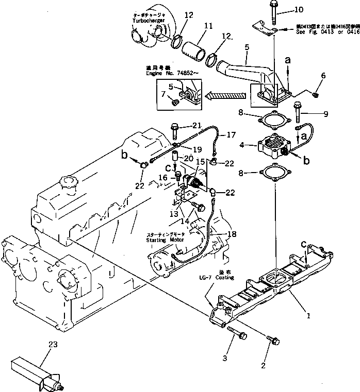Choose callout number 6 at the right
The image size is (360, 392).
tap(323, 75)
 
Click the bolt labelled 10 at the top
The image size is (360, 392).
tap(272, 13)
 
